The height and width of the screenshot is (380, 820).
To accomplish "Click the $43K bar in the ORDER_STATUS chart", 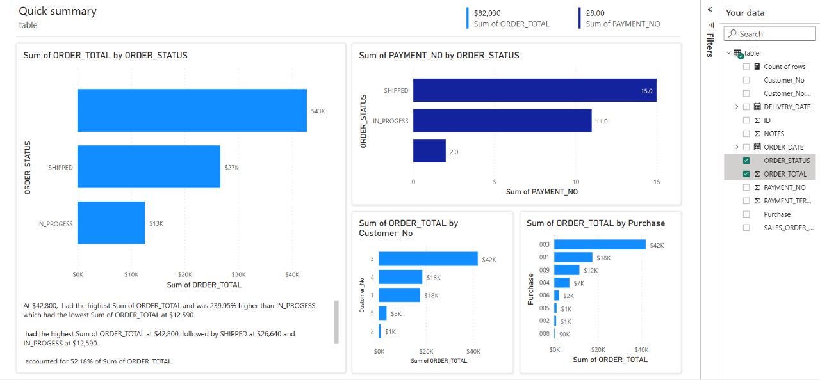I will pyautogui.click(x=192, y=110).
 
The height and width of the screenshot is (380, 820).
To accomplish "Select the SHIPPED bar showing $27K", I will pyautogui.click(x=149, y=166).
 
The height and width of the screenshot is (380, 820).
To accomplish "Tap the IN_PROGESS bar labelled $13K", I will pyautogui.click(x=111, y=223).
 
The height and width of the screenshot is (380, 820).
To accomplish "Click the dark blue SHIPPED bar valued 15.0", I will pyautogui.click(x=534, y=90).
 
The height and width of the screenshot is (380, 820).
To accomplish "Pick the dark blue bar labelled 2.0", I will pyautogui.click(x=429, y=151).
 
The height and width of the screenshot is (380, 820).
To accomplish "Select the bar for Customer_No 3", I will pyautogui.click(x=428, y=258).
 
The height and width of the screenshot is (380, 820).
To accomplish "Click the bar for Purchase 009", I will pyautogui.click(x=566, y=270).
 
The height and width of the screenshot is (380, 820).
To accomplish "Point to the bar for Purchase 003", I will pyautogui.click(x=600, y=244).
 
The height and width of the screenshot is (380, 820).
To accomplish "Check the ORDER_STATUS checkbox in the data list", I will pyautogui.click(x=746, y=161).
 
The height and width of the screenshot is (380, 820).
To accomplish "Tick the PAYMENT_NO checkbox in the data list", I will pyautogui.click(x=746, y=187).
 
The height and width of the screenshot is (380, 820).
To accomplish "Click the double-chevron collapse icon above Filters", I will pyautogui.click(x=710, y=10).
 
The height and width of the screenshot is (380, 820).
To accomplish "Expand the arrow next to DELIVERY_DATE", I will pyautogui.click(x=737, y=107).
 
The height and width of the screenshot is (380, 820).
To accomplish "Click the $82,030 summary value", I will pyautogui.click(x=488, y=13).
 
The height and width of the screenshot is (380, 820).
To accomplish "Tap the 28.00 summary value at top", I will pyautogui.click(x=595, y=13).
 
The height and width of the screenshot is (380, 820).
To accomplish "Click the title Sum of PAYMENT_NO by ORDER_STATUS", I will pyautogui.click(x=439, y=56).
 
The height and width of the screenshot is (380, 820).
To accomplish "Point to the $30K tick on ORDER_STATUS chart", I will pyautogui.click(x=238, y=274).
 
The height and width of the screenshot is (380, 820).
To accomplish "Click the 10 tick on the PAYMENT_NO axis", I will pyautogui.click(x=575, y=182).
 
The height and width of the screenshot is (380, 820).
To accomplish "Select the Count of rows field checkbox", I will pyautogui.click(x=746, y=67).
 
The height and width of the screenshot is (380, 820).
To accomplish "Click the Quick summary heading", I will pyautogui.click(x=58, y=11).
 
